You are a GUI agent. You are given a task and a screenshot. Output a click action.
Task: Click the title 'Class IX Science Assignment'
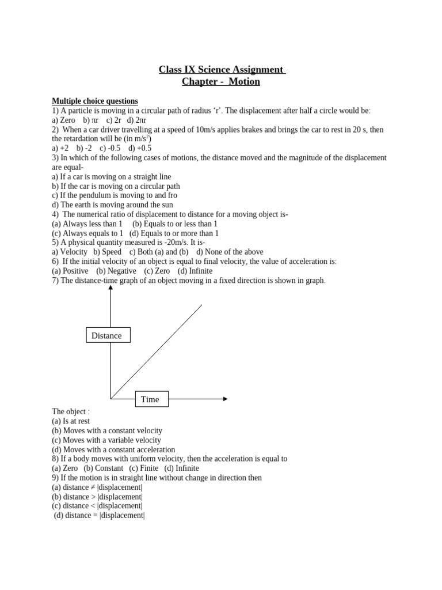tap(222, 70)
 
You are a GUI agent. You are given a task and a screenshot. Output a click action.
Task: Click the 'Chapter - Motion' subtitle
tap(221, 82)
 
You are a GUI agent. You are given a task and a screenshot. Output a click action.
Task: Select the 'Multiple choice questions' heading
tap(95, 101)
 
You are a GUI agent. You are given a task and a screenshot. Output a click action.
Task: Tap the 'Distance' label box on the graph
tap(108, 335)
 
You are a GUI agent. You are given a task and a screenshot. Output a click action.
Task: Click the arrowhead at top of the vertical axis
tap(110, 288)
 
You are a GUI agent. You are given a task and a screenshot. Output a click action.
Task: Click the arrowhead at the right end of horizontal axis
tap(225, 399)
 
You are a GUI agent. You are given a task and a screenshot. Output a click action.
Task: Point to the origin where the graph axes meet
tap(110, 399)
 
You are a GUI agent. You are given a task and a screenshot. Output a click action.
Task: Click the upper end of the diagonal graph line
tap(201, 305)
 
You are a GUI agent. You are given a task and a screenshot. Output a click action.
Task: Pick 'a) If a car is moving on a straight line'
tap(111, 176)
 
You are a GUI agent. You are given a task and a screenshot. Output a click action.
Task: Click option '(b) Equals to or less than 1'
tap(174, 224)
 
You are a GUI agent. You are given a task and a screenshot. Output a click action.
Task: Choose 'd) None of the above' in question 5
tap(230, 252)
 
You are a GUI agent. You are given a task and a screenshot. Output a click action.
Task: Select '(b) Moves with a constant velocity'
tap(107, 430)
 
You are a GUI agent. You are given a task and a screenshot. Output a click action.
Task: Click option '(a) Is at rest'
tap(71, 421)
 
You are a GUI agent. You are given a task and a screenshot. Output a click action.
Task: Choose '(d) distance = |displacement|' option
tap(99, 515)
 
